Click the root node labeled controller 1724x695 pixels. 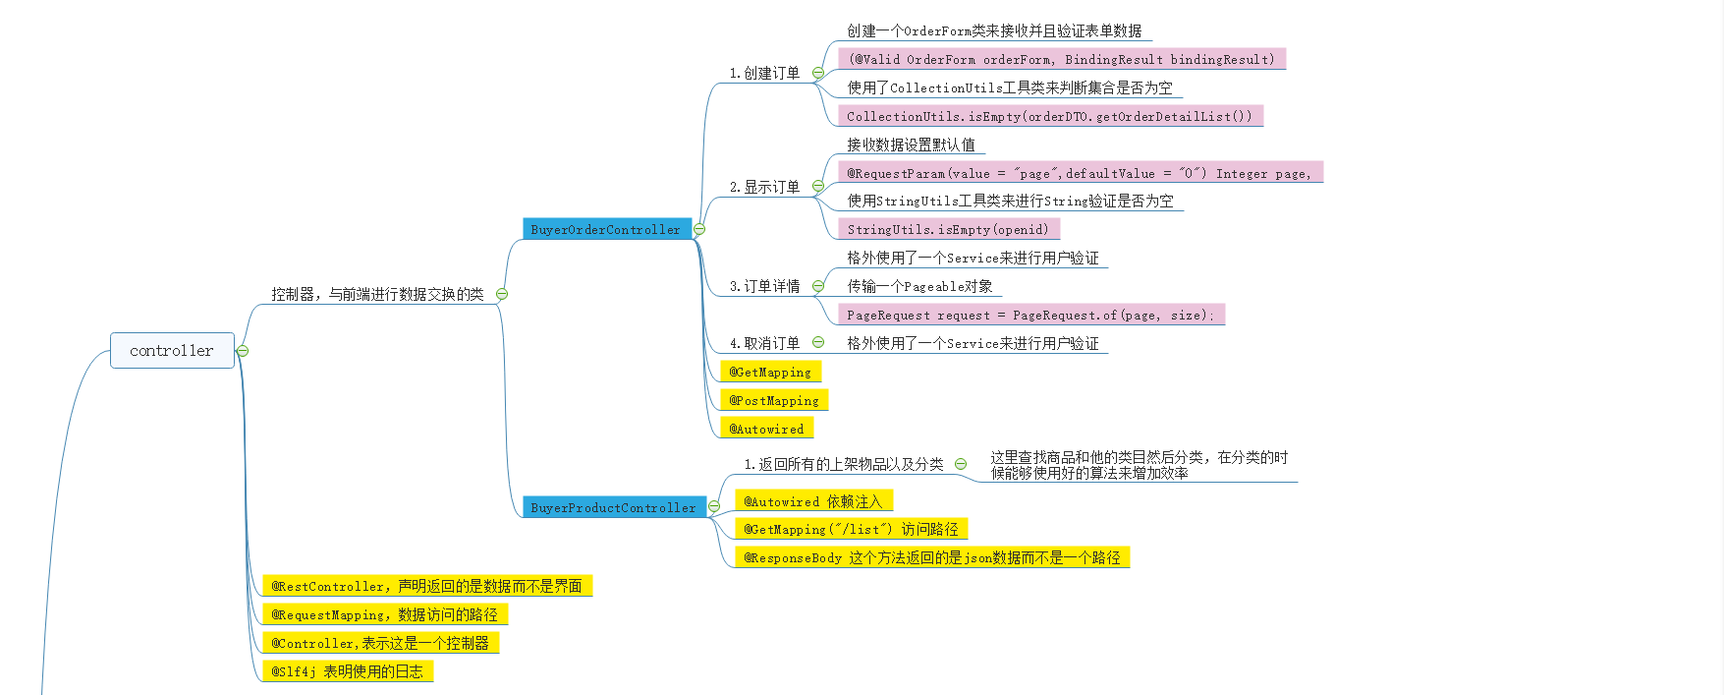[x=172, y=351]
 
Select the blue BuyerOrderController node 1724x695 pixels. [x=605, y=229]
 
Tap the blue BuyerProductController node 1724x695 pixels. [x=613, y=507]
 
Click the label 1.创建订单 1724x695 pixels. [x=764, y=73]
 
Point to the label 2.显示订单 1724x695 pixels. [x=764, y=187]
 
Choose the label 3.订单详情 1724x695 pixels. [x=764, y=286]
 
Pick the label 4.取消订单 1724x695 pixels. [x=764, y=343]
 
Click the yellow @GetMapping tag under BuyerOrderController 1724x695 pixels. [x=770, y=372]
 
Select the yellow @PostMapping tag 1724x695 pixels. [x=774, y=400]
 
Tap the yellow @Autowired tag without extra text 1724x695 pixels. [x=766, y=429]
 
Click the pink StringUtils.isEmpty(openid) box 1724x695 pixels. [x=948, y=229]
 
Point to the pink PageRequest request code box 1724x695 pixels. [x=1030, y=315]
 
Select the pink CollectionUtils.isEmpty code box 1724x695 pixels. [x=1049, y=116]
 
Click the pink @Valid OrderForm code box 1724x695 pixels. [x=1061, y=59]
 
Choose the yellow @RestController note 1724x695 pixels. [x=426, y=586]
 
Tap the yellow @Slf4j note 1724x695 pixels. [x=347, y=671]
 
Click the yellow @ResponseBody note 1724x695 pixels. [x=931, y=557]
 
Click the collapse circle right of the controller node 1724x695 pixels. [x=243, y=351]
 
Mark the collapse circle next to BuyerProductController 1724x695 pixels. [x=714, y=506]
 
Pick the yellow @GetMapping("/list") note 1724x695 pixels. [x=851, y=529]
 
